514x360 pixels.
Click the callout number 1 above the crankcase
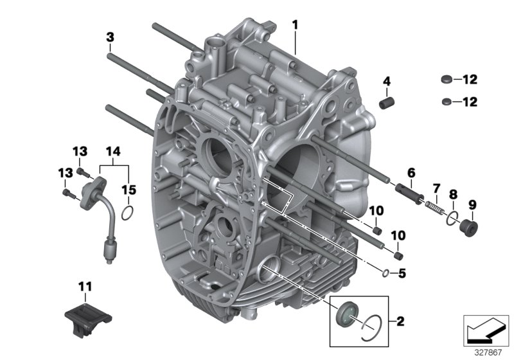(x=295, y=25)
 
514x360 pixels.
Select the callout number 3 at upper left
(x=110, y=38)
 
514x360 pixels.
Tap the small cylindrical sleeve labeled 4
(x=387, y=104)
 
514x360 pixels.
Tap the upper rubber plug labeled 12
(x=444, y=80)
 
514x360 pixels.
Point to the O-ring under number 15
(x=128, y=213)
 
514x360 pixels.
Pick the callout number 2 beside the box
(x=400, y=321)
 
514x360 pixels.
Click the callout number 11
(x=85, y=285)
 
